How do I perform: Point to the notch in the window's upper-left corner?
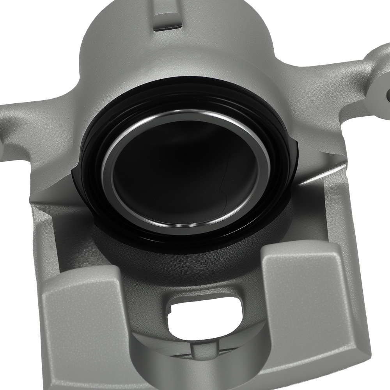tap(171, 310)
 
